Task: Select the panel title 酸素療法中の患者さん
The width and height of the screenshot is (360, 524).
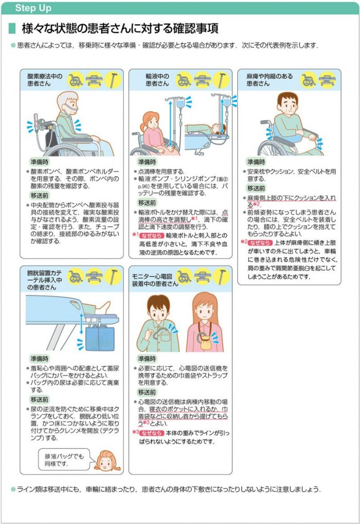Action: (45, 80)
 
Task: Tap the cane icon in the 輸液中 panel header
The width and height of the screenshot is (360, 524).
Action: (221, 80)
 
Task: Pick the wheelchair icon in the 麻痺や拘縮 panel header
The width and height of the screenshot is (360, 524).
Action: (309, 80)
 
